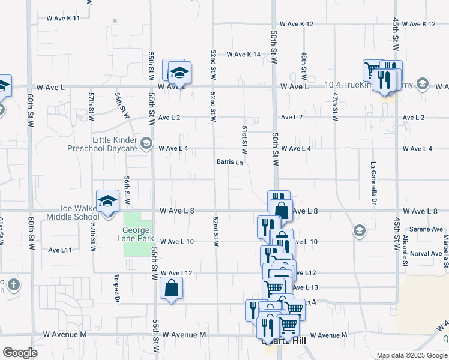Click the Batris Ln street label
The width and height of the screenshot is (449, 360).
coord(230,162)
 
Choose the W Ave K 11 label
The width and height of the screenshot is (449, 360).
coord(63,19)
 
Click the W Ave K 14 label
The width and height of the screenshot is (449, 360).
coord(243,55)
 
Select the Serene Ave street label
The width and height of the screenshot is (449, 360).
coord(426,229)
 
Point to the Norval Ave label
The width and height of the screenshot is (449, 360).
coord(425,253)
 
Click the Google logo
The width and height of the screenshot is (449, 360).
coord(20,353)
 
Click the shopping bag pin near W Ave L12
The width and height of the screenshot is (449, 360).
coord(171,288)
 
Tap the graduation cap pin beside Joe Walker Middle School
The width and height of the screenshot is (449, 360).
coord(107,201)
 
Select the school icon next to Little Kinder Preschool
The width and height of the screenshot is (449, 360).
coord(146,143)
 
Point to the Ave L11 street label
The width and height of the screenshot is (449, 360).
coord(60,250)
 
